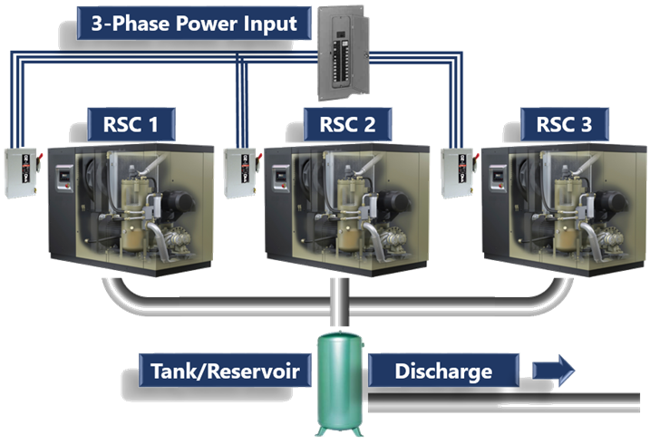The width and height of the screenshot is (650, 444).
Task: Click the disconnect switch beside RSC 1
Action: (19, 171)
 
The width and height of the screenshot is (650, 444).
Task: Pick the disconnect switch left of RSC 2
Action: (239, 171)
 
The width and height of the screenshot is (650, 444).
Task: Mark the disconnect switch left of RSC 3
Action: (456, 171)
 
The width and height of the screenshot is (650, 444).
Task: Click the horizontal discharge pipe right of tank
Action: (508, 399)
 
